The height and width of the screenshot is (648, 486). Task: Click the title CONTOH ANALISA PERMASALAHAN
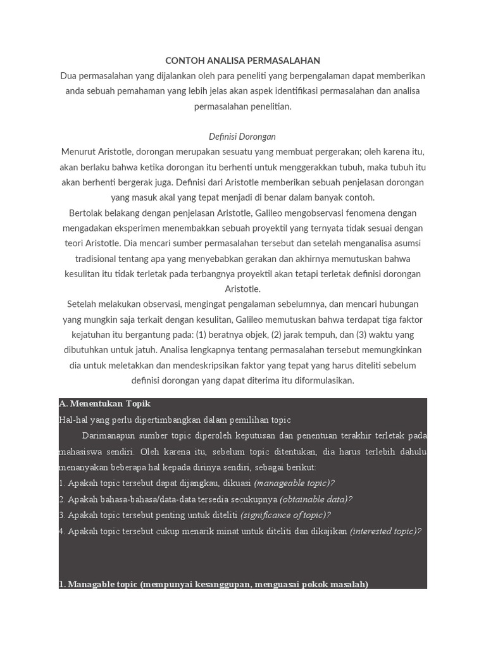(x=242, y=61)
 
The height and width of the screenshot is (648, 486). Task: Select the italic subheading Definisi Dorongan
(x=242, y=137)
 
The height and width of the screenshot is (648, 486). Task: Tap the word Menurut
(x=79, y=152)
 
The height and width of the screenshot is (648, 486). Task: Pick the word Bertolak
(x=86, y=213)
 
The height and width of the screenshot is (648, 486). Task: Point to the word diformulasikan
(x=321, y=381)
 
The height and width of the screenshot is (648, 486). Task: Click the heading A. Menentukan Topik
(x=105, y=404)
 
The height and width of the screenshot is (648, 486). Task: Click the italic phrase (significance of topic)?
(x=285, y=515)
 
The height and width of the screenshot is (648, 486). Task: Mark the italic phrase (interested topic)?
(x=385, y=532)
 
